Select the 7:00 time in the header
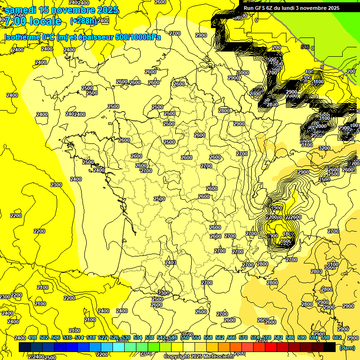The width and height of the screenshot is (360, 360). [x=14, y=21]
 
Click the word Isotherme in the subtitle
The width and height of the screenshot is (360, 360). [x=22, y=37]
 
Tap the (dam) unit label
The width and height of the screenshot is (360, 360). [x=346, y=347]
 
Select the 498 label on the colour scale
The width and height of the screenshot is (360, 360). [x=32, y=338]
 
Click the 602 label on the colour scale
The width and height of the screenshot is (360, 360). [x=337, y=338]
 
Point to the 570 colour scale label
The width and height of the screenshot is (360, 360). [x=243, y=338]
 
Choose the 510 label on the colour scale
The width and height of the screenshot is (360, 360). [x=67, y=338]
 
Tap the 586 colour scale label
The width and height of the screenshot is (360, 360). [x=290, y=338]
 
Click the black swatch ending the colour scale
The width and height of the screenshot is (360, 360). [x=330, y=347]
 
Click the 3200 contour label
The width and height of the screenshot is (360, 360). [x=324, y=148]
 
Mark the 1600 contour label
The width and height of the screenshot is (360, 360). [x=286, y=241]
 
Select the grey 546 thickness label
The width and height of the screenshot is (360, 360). [x=305, y=47]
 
